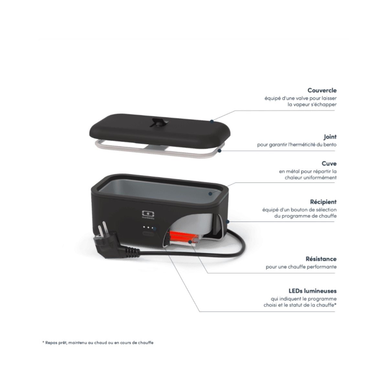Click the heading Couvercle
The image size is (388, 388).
(322, 91)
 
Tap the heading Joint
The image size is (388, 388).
(330, 137)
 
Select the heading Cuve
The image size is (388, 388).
(329, 164)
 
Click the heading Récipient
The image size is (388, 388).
(323, 202)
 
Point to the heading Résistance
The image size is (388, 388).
(321, 259)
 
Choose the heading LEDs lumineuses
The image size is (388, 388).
(312, 291)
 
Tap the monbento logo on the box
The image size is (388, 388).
(148, 215)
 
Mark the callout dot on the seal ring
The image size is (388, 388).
(220, 150)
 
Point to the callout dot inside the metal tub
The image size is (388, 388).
(210, 193)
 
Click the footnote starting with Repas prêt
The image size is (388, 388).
(98, 342)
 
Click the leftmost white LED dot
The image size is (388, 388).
(144, 227)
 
